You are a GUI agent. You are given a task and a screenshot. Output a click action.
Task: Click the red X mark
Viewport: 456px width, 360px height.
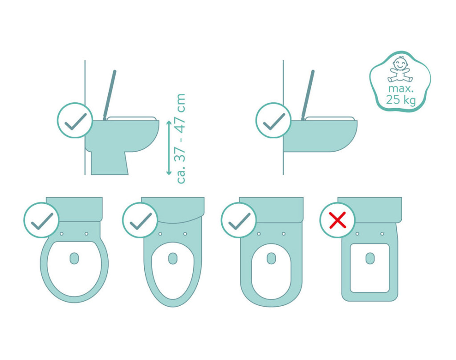[338, 220]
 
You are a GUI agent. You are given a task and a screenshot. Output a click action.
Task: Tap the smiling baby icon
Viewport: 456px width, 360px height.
[400, 69]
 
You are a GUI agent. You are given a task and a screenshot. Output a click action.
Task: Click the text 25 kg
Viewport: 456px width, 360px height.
[401, 100]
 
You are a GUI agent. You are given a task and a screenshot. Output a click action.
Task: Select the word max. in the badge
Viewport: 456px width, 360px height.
[401, 88]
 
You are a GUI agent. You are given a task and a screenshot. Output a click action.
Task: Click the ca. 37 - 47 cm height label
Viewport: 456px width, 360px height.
[181, 138]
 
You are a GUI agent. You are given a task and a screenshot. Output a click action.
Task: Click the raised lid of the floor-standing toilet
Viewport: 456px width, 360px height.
[110, 95]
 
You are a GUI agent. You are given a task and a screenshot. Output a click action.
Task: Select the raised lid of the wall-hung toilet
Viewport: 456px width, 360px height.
[308, 95]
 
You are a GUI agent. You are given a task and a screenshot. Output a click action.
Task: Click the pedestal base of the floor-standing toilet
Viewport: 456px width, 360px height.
[110, 163]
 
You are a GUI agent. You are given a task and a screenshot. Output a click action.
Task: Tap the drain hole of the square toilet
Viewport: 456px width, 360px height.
[370, 258]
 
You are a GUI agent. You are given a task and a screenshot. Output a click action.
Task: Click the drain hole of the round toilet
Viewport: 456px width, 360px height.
[74, 258]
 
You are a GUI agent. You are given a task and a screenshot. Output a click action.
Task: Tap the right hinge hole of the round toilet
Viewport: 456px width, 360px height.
[86, 234]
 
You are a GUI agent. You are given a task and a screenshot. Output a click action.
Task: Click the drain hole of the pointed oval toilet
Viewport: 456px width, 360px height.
[173, 258]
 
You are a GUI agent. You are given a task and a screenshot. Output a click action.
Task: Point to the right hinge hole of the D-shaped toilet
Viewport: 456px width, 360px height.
[284, 234]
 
